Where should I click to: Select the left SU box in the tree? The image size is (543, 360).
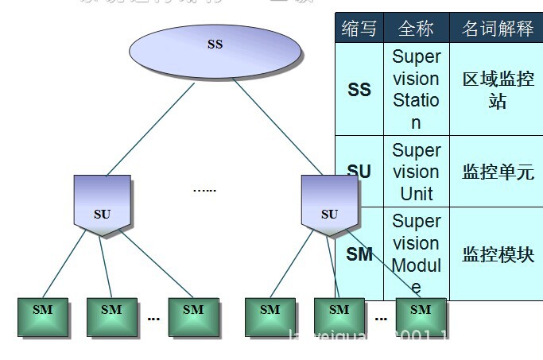(102, 205)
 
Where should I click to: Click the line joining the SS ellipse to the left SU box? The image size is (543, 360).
(151, 127)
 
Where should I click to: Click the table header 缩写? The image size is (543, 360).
(359, 29)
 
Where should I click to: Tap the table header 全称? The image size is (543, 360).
(415, 29)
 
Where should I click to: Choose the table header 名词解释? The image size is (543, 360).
(497, 29)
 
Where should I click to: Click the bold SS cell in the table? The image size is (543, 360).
(359, 90)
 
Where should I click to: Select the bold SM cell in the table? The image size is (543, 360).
(360, 254)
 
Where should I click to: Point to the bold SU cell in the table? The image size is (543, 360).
(359, 172)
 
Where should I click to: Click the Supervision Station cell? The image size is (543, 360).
(416, 90)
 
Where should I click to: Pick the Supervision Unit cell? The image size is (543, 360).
(416, 172)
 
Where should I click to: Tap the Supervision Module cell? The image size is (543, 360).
(416, 254)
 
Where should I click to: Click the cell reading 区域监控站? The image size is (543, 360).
(498, 90)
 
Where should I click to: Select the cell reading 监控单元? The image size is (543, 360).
(498, 172)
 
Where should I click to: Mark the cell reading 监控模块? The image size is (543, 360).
(498, 254)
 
